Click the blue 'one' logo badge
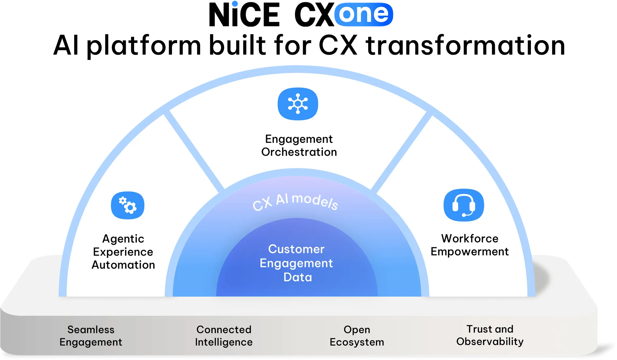tap(363, 14)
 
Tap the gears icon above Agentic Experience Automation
tap(128, 206)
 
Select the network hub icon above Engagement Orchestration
tap(298, 104)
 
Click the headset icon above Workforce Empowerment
tap(464, 205)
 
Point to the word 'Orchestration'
tap(299, 152)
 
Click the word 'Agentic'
tap(123, 239)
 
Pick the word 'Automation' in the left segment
tap(123, 265)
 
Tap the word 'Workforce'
tap(469, 238)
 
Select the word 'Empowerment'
tap(469, 251)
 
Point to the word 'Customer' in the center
tap(296, 249)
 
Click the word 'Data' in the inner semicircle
tap(298, 277)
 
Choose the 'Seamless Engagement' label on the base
tap(91, 336)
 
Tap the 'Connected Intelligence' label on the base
tap(224, 336)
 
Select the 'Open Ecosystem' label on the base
tap(357, 336)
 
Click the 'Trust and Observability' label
tap(490, 335)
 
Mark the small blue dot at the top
tap(235, 4)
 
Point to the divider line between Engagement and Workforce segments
tap(402, 151)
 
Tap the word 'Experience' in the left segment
tap(123, 252)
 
